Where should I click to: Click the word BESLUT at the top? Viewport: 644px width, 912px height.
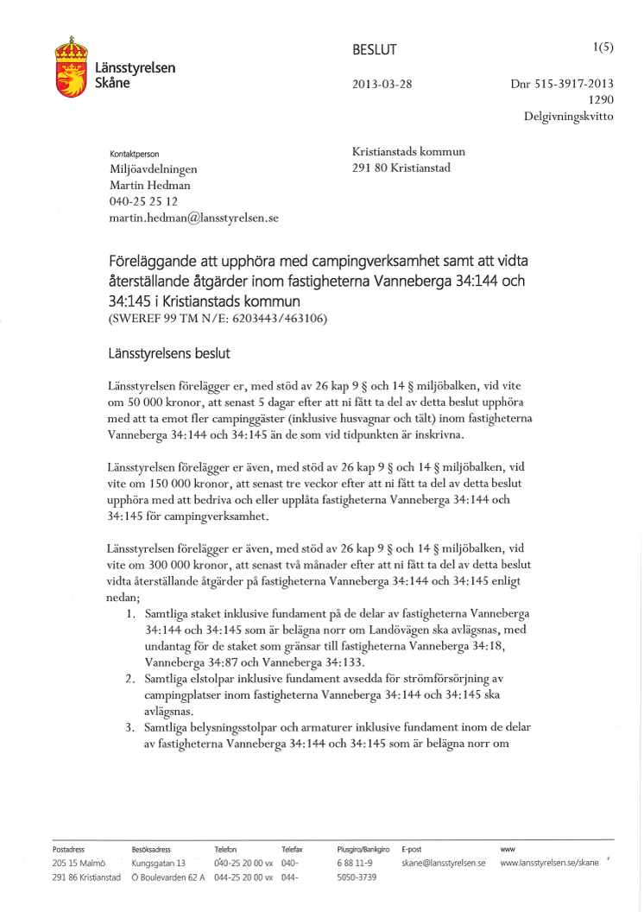click(375, 50)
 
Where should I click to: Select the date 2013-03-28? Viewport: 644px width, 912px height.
click(382, 85)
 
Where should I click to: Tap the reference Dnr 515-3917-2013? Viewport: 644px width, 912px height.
click(562, 85)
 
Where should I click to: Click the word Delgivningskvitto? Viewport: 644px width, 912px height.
click(569, 117)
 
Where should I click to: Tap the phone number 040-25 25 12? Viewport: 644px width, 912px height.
click(143, 202)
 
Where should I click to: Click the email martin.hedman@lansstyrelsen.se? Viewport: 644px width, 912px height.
click(193, 218)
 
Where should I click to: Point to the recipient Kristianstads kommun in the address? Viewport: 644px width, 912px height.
click(408, 152)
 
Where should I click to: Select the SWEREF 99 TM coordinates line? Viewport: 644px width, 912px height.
click(218, 319)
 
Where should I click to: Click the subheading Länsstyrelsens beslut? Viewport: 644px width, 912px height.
click(169, 354)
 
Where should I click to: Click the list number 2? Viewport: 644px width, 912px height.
click(129, 679)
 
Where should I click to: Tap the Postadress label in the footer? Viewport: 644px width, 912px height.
click(68, 850)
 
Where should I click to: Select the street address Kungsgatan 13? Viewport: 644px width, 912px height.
click(158, 864)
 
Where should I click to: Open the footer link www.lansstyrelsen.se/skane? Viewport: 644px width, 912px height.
click(549, 864)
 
